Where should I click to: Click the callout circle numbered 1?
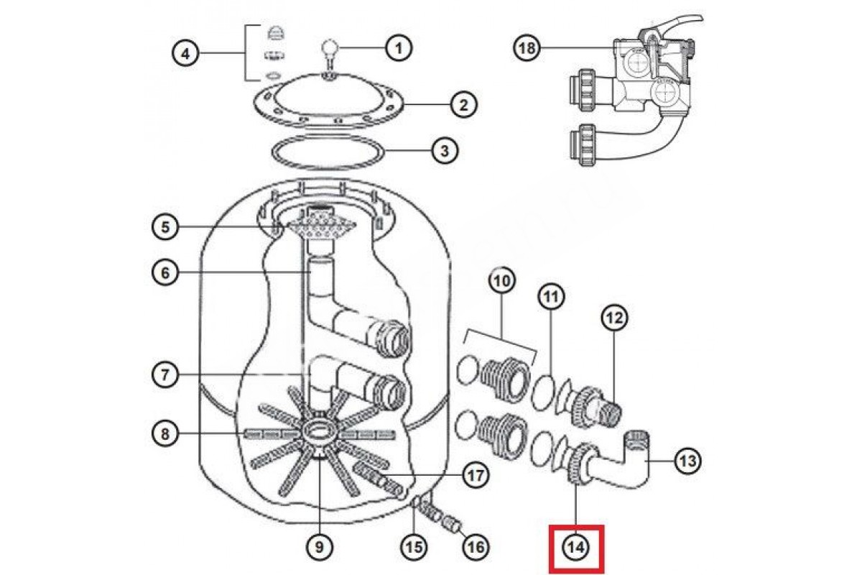399,49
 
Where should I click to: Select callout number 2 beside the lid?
464,105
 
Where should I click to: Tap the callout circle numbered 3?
445,151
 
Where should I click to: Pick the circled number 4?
185,54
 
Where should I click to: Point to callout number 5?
165,227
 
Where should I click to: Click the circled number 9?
320,547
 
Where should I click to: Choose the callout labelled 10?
502,281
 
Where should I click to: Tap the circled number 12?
614,318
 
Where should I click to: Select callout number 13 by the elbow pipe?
688,461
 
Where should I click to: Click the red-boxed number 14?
576,547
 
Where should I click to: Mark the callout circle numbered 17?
476,475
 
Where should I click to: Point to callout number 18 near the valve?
527,49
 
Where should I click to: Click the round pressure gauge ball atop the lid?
330,50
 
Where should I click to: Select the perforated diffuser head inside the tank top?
317,227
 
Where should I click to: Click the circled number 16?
476,547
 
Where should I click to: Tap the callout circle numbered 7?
165,374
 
